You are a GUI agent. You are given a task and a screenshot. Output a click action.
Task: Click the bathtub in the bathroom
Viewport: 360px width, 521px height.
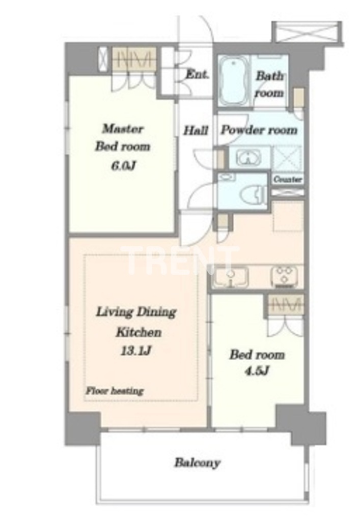pyautogui.click(x=234, y=80)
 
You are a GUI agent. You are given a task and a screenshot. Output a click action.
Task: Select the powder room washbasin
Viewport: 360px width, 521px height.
pyautogui.click(x=248, y=157)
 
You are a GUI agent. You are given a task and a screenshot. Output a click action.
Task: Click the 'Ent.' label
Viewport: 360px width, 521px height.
pyautogui.click(x=197, y=74)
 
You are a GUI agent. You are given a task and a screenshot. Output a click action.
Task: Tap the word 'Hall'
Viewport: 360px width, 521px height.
pyautogui.click(x=196, y=130)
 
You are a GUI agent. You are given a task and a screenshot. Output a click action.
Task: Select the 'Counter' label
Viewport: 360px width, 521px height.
pyautogui.click(x=288, y=180)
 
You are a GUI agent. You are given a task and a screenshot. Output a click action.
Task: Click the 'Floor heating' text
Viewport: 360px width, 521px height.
pyautogui.click(x=115, y=391)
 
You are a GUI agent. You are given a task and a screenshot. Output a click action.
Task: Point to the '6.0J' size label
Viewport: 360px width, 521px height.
pyautogui.click(x=123, y=165)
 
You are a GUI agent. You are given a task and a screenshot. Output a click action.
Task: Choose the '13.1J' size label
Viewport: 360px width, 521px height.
pyautogui.click(x=136, y=351)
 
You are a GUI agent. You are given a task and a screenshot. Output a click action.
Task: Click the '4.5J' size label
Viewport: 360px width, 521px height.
pyautogui.click(x=257, y=370)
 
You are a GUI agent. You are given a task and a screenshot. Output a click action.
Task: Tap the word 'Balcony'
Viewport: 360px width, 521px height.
pyautogui.click(x=198, y=462)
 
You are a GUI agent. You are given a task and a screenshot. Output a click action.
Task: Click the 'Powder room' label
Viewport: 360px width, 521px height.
pyautogui.click(x=259, y=130)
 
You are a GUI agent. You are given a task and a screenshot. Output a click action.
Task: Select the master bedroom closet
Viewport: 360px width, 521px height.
pyautogui.click(x=133, y=59)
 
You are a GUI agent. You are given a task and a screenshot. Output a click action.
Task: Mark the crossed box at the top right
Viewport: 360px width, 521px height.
pyautogui.click(x=306, y=32)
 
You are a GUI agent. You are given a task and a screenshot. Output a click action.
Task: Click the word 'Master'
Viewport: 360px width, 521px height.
pyautogui.click(x=123, y=129)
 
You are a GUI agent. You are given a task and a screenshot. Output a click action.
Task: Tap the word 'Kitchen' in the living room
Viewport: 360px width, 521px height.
pyautogui.click(x=139, y=332)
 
